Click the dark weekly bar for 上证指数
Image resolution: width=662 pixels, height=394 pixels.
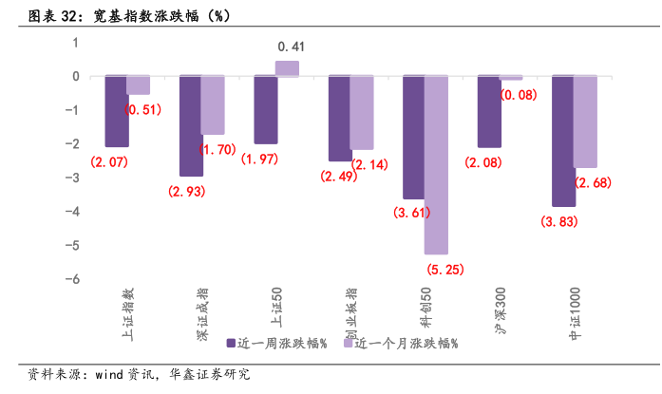[116, 111]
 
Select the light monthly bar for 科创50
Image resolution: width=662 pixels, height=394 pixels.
[435, 165]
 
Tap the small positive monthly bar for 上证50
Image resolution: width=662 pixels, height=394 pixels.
[287, 68]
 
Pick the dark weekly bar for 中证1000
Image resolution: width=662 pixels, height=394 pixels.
[563, 141]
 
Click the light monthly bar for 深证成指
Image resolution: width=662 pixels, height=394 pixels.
[213, 105]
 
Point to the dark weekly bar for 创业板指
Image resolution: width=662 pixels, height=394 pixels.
[340, 119]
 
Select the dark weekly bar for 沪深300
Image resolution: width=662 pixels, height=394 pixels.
[489, 112]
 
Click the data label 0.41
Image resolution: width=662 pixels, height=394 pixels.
[291, 47]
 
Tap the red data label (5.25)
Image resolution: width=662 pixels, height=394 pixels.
[444, 270]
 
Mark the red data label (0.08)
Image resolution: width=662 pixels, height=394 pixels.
[518, 94]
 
